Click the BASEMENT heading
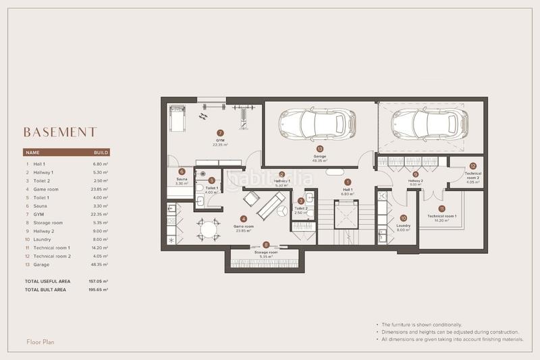pos(60,132)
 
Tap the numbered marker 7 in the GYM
pos(220,133)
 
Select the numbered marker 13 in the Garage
pos(319,149)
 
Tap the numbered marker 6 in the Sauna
pos(182,172)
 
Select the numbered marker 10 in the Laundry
pos(403,218)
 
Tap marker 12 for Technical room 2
pos(473,165)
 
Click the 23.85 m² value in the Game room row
pos(100,190)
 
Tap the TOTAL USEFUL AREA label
pos(48,280)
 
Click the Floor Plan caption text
pos(40,342)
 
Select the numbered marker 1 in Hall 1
pos(348,182)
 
